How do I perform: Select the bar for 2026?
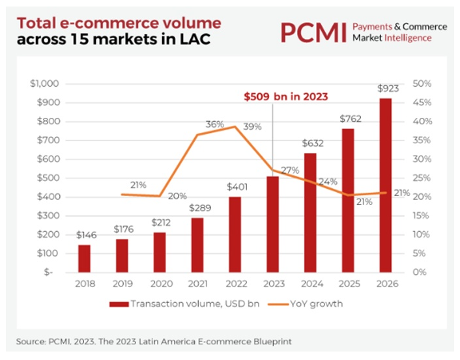point(385,185)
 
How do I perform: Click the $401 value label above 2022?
point(235,187)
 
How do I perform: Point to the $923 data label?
point(385,89)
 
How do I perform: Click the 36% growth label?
point(216,124)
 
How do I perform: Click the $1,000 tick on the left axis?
point(45,83)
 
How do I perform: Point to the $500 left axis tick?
point(49,178)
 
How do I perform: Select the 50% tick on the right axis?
point(422,83)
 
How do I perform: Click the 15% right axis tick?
point(422,215)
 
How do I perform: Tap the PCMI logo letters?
point(312,32)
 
